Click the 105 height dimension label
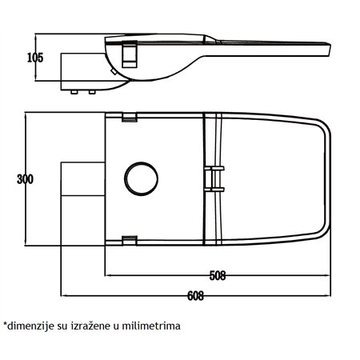[x=34, y=57]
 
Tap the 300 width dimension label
[x=24, y=178]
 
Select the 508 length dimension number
[x=217, y=276]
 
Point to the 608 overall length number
[x=193, y=294]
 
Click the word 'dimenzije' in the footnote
[x=32, y=326]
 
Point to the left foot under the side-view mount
[x=74, y=92]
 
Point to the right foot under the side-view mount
[x=91, y=92]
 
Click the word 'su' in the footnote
[x=66, y=326]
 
